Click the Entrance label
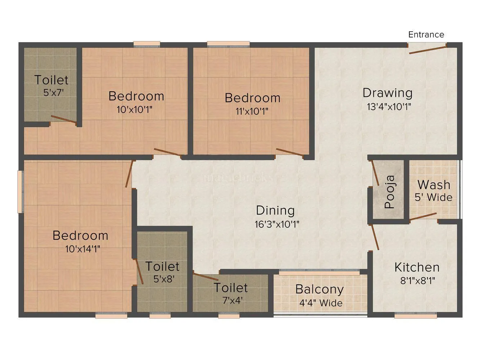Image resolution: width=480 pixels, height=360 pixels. (426, 35)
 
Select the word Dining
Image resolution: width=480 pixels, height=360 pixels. (275, 210)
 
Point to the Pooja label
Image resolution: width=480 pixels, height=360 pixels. (390, 192)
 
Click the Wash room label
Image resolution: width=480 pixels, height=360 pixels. (434, 185)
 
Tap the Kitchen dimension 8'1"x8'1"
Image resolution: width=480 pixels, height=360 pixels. (418, 280)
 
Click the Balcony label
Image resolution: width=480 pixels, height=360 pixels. (319, 289)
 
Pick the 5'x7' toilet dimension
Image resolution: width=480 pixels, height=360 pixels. (53, 92)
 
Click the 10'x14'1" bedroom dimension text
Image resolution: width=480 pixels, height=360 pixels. (82, 249)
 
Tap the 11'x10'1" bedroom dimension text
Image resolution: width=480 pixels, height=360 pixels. (252, 111)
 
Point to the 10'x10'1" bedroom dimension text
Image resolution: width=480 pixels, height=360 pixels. (135, 109)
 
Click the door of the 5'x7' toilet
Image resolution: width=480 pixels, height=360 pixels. (64, 120)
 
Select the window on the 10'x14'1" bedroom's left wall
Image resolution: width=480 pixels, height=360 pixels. (21, 191)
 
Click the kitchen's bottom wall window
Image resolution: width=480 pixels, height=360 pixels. (416, 315)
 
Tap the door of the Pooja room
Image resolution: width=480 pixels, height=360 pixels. (374, 173)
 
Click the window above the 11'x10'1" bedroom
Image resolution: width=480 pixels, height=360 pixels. (228, 44)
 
